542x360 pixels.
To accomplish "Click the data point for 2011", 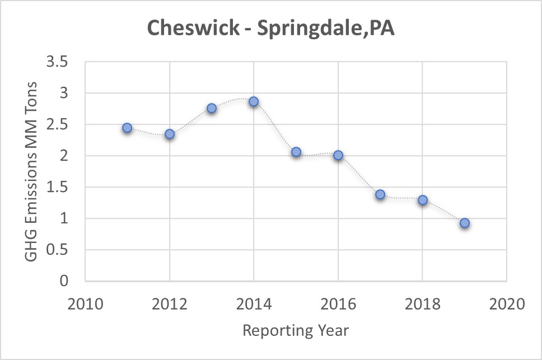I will tap(127, 128).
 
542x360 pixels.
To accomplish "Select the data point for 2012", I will tap(170, 134).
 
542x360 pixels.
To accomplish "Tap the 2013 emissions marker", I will tap(212, 108).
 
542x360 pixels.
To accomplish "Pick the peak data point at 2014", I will tap(254, 101).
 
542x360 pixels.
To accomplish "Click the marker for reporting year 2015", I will tap(296, 152).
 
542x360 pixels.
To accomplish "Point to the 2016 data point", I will tap(338, 155).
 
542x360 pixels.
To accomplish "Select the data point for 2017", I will tap(380, 194).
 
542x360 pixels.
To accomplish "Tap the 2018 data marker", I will tap(423, 200).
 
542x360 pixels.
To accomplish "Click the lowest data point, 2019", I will tap(465, 223).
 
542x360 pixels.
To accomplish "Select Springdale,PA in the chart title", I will tap(325, 29).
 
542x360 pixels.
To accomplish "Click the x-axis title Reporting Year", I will tap(296, 330).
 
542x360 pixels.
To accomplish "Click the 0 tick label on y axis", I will tap(64, 282).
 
